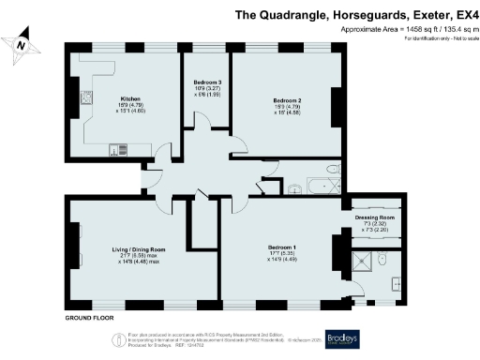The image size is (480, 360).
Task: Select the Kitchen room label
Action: coord(131,98)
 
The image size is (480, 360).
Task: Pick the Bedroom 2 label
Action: coord(287,98)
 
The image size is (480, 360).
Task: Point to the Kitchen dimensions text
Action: coord(131,110)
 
